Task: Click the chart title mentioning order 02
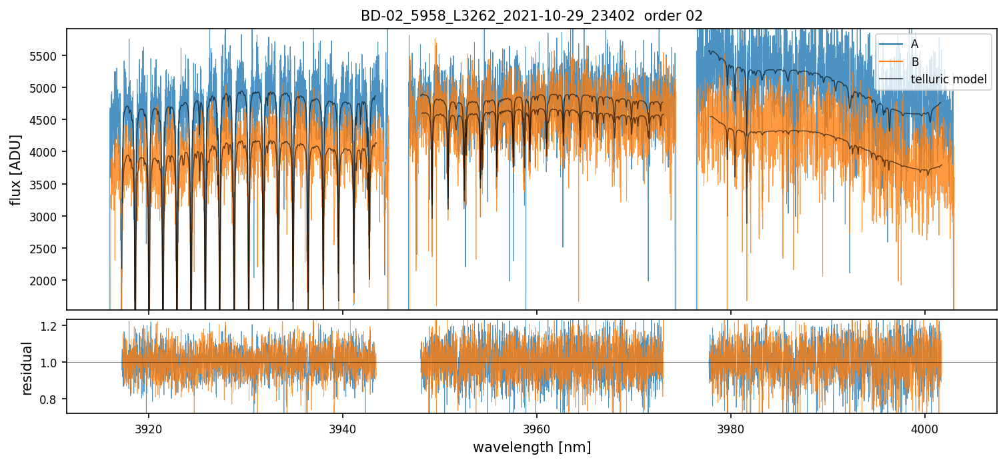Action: pos(532,16)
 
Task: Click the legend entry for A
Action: pos(914,43)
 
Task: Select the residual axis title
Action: pos(27,368)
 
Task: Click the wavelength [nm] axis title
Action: pos(532,447)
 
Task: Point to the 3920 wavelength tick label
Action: pos(149,427)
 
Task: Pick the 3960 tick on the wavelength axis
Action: pos(537,427)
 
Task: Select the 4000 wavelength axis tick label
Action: pos(925,427)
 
